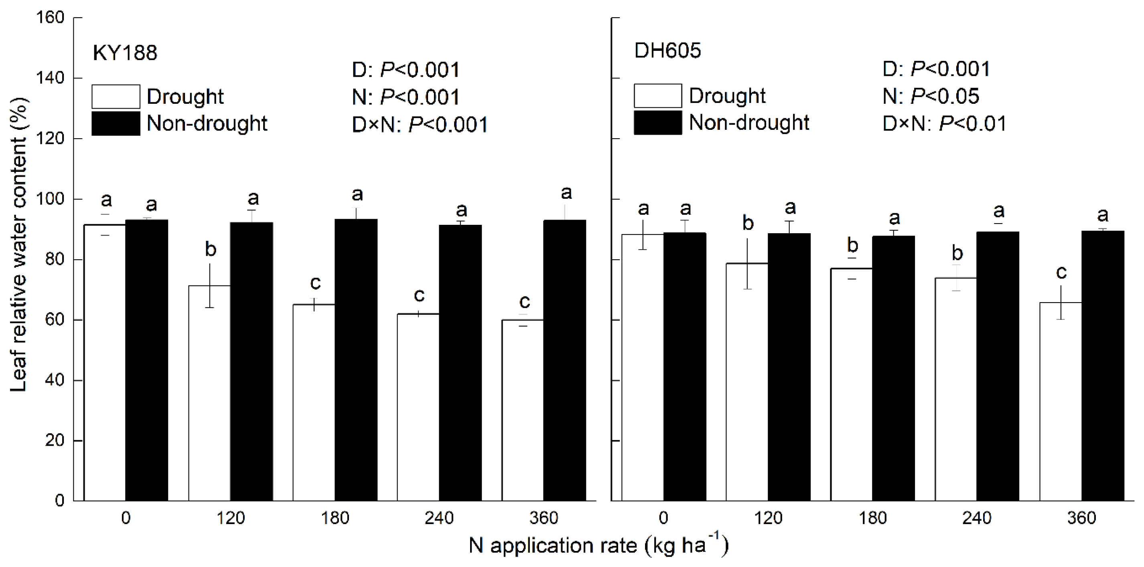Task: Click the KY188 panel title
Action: [125, 53]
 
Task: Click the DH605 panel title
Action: [667, 50]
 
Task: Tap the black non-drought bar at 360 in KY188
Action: [564, 359]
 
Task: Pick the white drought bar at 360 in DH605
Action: [1060, 402]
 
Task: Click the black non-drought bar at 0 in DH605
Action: [684, 366]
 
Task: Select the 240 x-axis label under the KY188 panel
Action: [439, 518]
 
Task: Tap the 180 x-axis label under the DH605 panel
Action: [873, 518]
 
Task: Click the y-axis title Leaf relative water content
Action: [18, 244]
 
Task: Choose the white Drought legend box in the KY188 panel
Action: [116, 97]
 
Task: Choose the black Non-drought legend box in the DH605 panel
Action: [657, 123]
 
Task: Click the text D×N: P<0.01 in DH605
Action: [944, 123]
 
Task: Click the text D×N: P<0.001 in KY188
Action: [420, 125]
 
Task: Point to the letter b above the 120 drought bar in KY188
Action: [211, 249]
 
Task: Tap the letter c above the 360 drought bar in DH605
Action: [1061, 272]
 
